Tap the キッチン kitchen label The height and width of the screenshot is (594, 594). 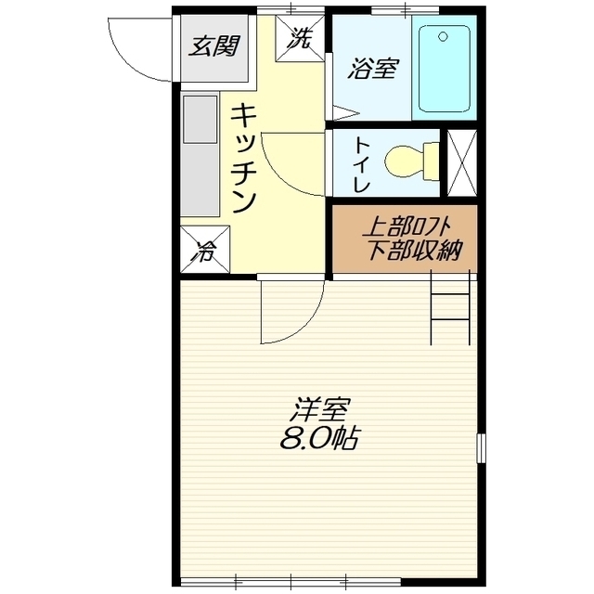243,158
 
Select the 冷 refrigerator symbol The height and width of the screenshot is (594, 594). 203,251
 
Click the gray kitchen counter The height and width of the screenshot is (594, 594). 199,153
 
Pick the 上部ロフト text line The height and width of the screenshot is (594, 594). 406,226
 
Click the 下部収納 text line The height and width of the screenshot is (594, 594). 406,250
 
